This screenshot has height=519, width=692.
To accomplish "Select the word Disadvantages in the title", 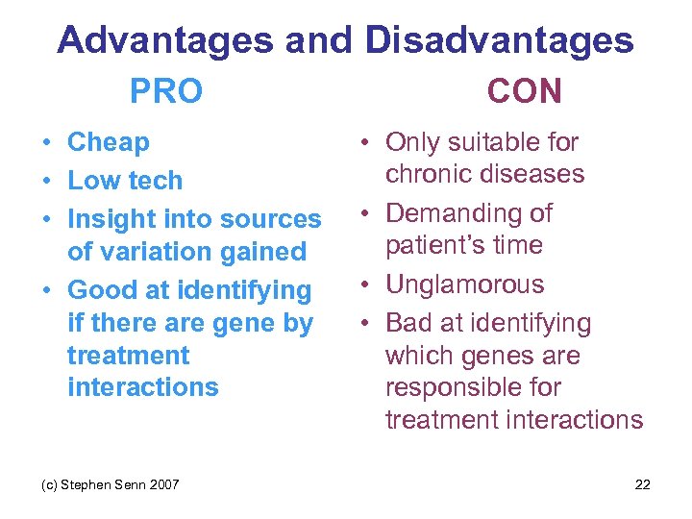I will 499,40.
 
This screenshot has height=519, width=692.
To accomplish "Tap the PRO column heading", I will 166,91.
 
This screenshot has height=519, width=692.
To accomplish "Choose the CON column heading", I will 524,91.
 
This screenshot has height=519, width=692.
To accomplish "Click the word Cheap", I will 109,142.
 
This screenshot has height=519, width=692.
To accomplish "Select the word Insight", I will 111,219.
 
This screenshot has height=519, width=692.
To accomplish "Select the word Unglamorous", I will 464,284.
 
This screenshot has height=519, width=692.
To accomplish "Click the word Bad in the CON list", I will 408,323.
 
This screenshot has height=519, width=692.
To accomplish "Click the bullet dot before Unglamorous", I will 368,285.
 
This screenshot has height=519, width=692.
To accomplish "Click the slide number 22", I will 642,484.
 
